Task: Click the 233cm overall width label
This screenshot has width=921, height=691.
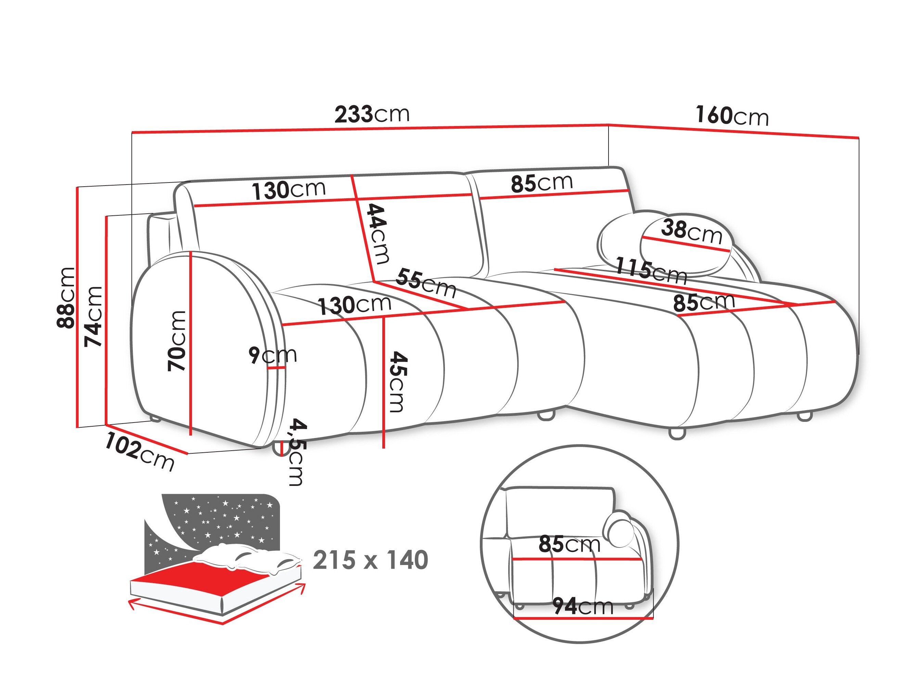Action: point(372,115)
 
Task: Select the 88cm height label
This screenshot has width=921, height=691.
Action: point(67,298)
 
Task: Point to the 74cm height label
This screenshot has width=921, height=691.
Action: point(93,316)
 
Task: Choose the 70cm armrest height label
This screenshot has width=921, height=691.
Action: point(177,341)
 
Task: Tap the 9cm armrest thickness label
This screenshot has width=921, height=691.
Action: point(273,355)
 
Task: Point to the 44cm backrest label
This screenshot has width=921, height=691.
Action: point(378,233)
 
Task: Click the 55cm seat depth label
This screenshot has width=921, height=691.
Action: point(425,283)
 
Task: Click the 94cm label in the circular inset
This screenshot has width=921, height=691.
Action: point(583,606)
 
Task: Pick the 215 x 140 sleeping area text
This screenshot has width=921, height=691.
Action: point(370,560)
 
